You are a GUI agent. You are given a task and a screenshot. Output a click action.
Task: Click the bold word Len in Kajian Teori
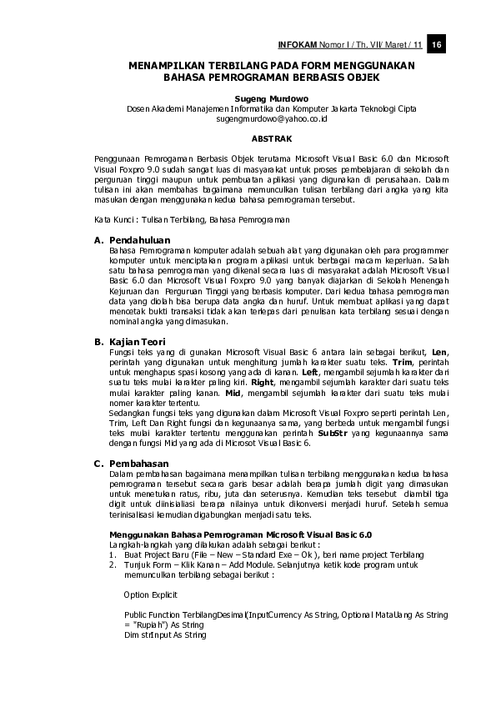point(440,353)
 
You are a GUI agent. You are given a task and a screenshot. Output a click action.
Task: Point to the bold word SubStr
point(332,434)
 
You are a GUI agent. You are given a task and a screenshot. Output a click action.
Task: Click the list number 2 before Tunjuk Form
point(100,565)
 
